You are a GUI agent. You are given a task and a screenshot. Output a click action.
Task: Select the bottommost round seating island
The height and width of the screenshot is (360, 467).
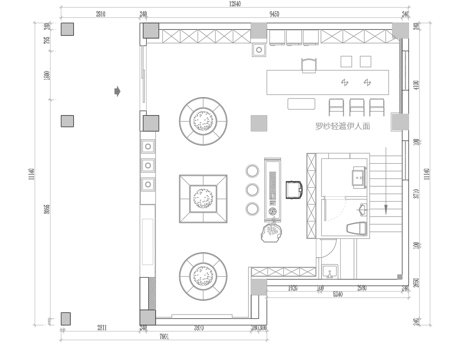click(x=206, y=277)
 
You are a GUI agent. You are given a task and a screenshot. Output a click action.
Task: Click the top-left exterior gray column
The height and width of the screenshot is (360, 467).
click(x=67, y=32)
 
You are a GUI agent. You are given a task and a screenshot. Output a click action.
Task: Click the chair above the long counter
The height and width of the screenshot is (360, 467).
click(x=309, y=65)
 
